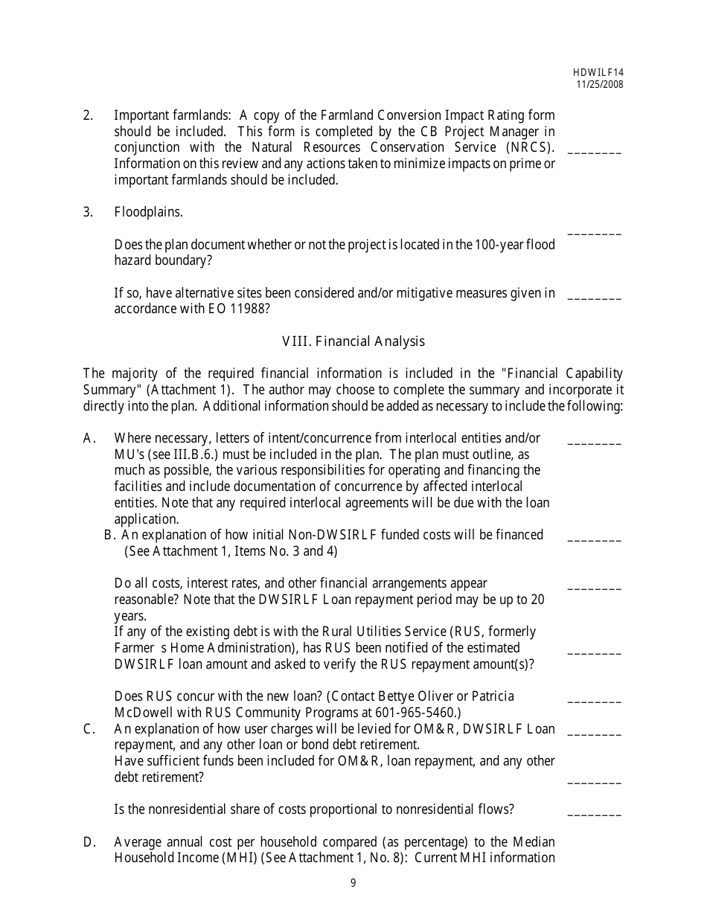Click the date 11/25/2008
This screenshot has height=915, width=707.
coord(599,84)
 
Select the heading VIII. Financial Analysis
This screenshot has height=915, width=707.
coord(353,341)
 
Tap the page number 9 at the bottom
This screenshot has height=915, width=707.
coord(353,883)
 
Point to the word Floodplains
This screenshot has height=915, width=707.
coord(148,212)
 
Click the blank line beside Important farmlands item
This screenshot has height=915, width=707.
coord(594,151)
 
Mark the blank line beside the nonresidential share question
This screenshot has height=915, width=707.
coord(594,814)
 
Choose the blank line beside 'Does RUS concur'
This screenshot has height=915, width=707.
coord(594,701)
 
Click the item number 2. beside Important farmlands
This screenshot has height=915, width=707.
coord(88,115)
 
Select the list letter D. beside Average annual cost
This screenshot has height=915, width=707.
coord(89,842)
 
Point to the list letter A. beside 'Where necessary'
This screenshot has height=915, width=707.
coord(89,438)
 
